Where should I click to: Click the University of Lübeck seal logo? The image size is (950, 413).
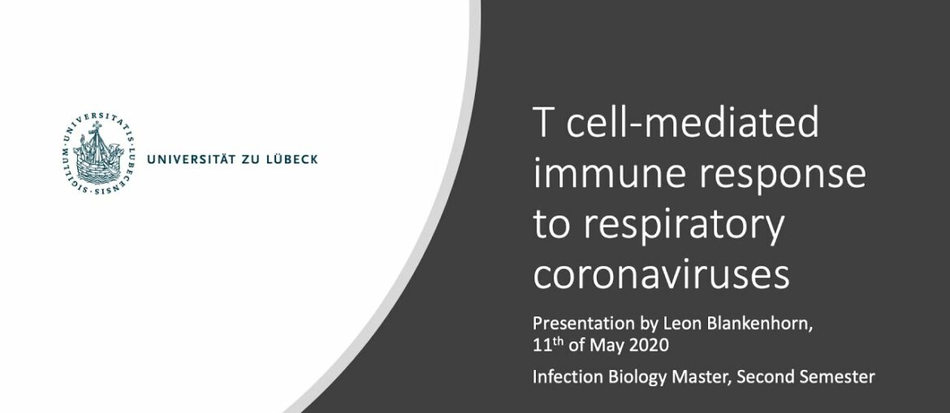[x=98, y=158]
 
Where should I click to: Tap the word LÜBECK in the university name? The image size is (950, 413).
[x=291, y=159]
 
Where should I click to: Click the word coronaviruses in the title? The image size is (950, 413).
[x=661, y=275]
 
